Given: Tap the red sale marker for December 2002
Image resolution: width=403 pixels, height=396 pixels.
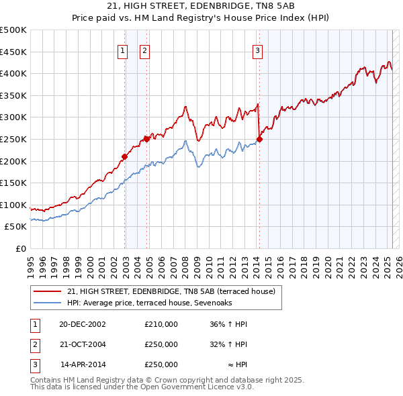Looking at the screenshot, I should [124, 156].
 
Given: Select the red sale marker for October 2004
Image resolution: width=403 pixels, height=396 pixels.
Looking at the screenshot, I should [146, 139].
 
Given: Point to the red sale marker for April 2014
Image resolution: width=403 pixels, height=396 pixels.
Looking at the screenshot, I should [259, 139].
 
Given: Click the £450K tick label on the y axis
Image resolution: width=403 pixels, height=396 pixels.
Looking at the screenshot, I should [13, 52].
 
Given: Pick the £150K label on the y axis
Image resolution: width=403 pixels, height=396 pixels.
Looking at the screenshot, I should [13, 183].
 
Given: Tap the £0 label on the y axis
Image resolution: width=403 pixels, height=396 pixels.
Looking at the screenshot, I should [20, 248].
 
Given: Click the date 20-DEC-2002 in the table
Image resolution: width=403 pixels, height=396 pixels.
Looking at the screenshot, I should [83, 324].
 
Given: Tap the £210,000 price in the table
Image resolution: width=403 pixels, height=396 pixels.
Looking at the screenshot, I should [161, 324].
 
